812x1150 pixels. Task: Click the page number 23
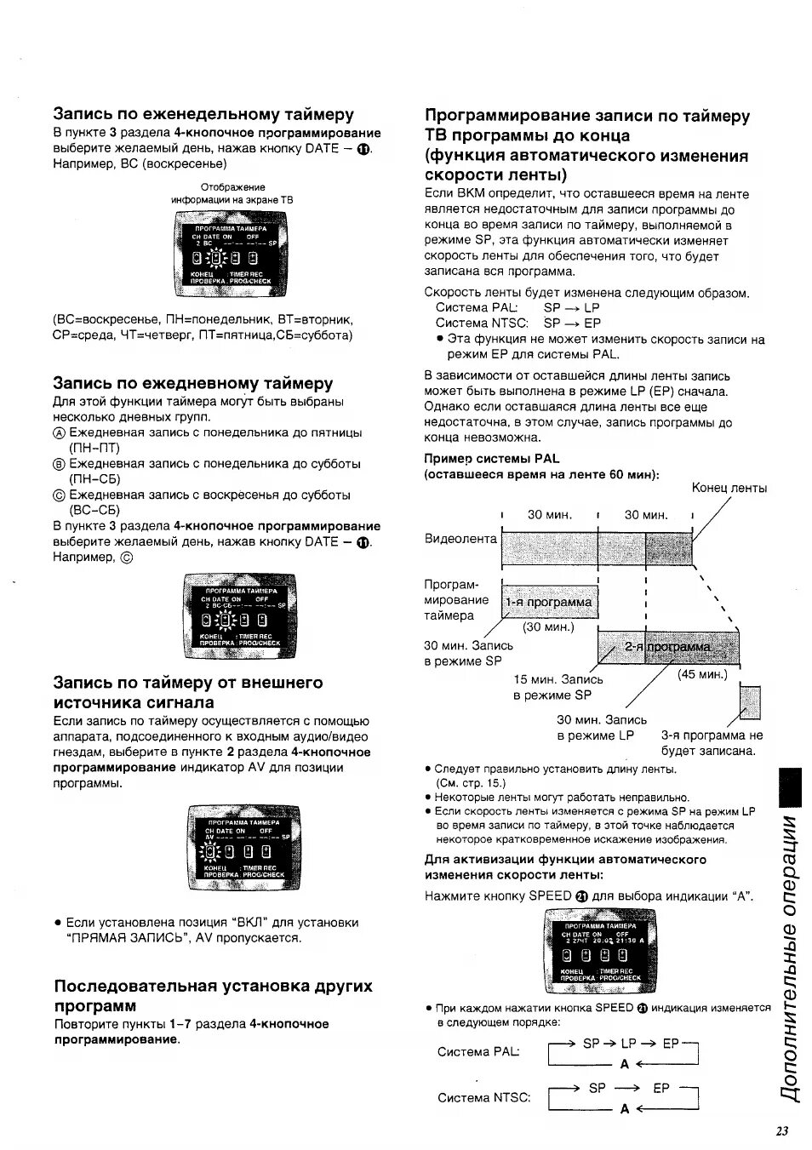(782, 1130)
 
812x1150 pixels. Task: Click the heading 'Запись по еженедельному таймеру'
(203, 114)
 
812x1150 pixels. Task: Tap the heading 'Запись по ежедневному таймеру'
(193, 383)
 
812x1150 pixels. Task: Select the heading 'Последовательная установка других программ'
(213, 995)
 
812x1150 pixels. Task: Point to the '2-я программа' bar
(668, 647)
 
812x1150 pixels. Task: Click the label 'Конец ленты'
(729, 488)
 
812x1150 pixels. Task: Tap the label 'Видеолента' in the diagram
(460, 539)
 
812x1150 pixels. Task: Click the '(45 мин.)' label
(702, 674)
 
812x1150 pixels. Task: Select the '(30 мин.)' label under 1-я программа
(549, 627)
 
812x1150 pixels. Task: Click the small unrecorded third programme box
(749, 701)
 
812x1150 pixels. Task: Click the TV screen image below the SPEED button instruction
(600, 950)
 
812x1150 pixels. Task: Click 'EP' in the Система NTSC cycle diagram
(661, 1088)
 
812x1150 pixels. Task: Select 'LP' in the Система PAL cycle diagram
(629, 1043)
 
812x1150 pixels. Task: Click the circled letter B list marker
(59, 465)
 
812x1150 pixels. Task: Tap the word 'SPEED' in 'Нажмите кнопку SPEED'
(550, 895)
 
